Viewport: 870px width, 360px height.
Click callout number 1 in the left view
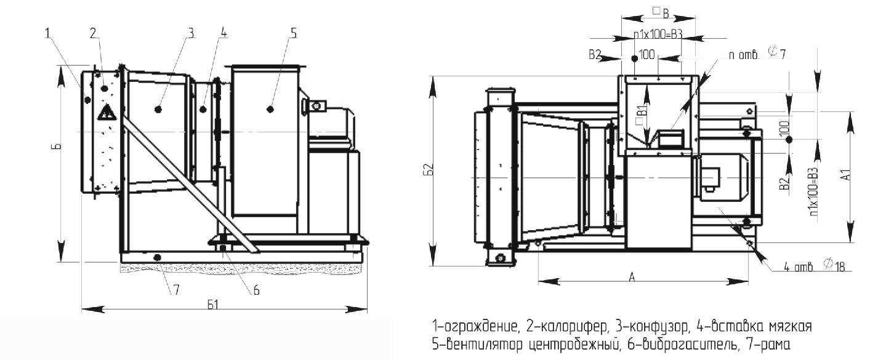(48, 33)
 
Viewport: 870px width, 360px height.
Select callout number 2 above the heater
(94, 33)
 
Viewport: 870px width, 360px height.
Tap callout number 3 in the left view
(190, 33)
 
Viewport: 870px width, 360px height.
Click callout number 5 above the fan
(294, 33)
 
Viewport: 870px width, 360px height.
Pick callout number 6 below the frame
(256, 290)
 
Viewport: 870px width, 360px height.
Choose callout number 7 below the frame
(177, 290)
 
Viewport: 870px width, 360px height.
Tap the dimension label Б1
(213, 305)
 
